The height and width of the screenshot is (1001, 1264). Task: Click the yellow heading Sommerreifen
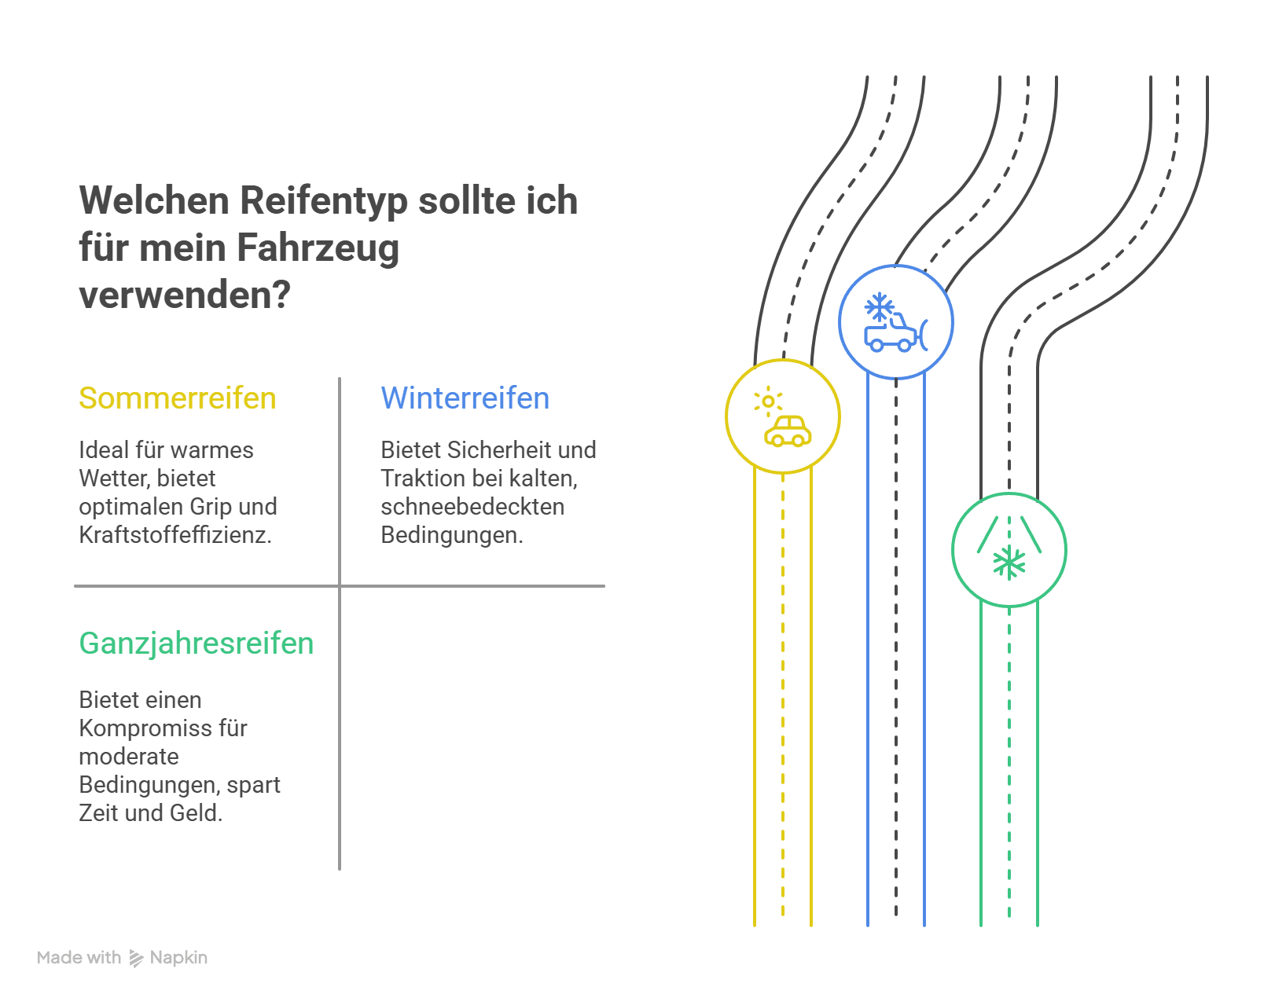[177, 398]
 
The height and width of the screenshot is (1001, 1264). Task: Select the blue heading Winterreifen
[465, 398]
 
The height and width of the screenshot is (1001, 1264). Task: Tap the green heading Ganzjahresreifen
[196, 643]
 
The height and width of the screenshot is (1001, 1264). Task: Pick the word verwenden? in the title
[185, 295]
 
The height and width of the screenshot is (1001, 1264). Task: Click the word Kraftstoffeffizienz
[175, 535]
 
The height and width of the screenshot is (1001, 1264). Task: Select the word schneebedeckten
[472, 507]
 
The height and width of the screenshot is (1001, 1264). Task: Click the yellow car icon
[788, 432]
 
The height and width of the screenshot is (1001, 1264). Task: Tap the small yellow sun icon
[768, 401]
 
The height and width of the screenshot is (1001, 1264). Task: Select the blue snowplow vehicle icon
[895, 334]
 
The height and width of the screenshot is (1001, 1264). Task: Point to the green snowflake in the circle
[1009, 563]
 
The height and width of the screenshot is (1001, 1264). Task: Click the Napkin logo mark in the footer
[136, 958]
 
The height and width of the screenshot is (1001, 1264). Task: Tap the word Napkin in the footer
[178, 958]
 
